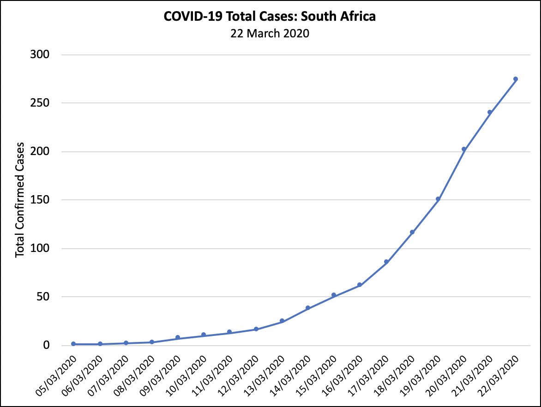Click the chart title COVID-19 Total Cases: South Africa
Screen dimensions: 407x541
click(x=270, y=17)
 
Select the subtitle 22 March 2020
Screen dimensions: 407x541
click(x=270, y=34)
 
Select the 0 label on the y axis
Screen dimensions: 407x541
click(x=47, y=346)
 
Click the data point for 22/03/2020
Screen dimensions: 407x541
click(x=516, y=79)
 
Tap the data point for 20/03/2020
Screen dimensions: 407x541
click(x=464, y=149)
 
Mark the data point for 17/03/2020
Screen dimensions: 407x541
click(x=386, y=262)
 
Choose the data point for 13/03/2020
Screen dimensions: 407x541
click(x=282, y=321)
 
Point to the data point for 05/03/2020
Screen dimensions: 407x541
click(x=73, y=344)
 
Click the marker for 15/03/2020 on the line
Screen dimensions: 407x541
click(x=334, y=295)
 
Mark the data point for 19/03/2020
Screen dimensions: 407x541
click(x=438, y=199)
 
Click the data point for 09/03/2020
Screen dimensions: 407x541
click(x=178, y=337)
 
